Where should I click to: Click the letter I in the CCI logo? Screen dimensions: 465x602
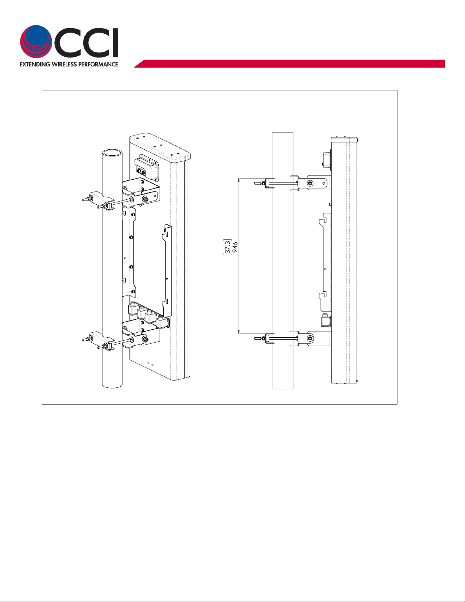pyautogui.click(x=115, y=43)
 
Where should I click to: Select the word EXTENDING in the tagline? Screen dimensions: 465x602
pyautogui.click(x=35, y=64)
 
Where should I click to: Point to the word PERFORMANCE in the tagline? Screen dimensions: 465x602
pyautogui.click(x=98, y=64)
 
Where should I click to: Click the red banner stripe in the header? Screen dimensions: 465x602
pyautogui.click(x=289, y=63)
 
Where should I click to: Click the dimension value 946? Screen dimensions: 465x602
pyautogui.click(x=235, y=247)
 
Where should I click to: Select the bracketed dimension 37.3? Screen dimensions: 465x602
pyautogui.click(x=227, y=246)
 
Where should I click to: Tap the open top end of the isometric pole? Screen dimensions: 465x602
pyautogui.click(x=112, y=153)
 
